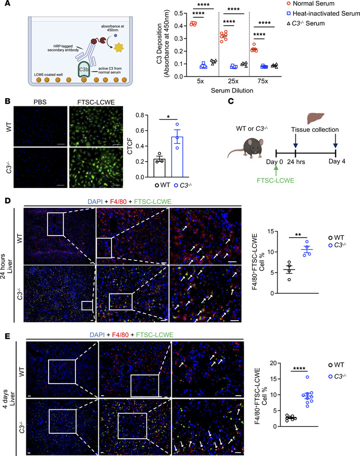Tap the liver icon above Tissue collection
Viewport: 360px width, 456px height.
click(x=316, y=119)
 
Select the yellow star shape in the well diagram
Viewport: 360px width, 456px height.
click(x=119, y=47)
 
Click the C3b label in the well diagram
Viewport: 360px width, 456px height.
click(x=84, y=70)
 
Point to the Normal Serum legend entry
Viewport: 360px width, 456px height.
click(x=310, y=4)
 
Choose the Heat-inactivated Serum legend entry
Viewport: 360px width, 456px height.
click(x=324, y=13)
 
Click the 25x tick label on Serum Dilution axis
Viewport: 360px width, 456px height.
click(x=233, y=81)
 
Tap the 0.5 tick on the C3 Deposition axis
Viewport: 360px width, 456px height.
click(x=179, y=13)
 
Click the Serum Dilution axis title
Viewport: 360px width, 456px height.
click(x=232, y=91)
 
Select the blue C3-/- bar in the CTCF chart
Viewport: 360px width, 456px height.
click(x=177, y=157)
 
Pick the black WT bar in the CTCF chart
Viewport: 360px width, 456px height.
click(x=159, y=168)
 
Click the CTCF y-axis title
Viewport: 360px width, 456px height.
click(x=130, y=146)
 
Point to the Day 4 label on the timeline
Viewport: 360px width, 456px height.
click(x=337, y=162)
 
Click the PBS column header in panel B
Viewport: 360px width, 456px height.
click(x=40, y=102)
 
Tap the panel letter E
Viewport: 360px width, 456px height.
click(x=7, y=336)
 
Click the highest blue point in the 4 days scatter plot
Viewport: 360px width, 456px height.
click(x=307, y=377)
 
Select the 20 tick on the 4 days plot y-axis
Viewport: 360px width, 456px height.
click(x=273, y=363)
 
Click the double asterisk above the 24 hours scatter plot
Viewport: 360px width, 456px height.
click(x=298, y=235)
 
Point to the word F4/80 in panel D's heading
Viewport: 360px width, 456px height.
click(x=118, y=202)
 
